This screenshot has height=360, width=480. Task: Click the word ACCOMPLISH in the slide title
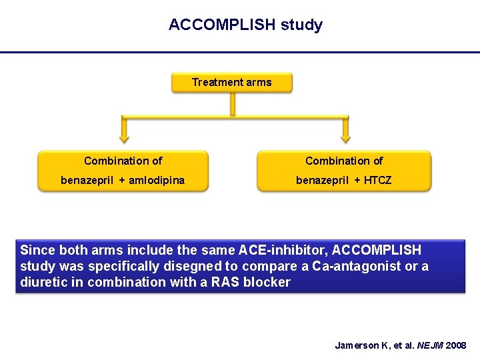[222, 25]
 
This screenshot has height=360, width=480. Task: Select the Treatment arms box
[231, 83]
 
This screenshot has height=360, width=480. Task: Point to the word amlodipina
[157, 180]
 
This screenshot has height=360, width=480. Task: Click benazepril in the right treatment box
[319, 180]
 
